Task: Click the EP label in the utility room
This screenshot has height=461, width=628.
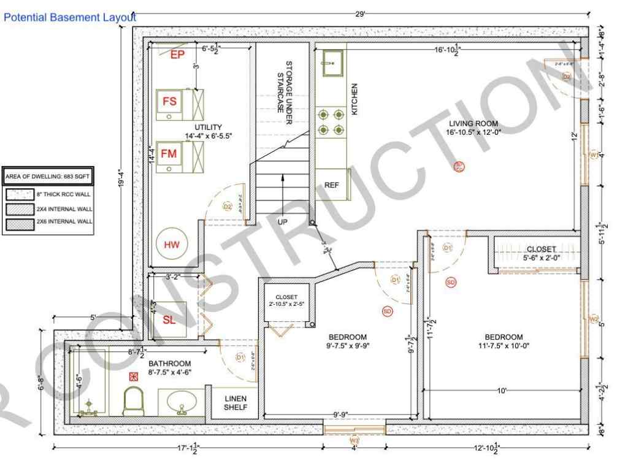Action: click(177, 55)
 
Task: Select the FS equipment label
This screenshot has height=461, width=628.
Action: click(169, 102)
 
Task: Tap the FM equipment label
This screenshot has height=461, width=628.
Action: click(169, 154)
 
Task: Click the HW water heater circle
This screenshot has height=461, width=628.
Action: click(171, 245)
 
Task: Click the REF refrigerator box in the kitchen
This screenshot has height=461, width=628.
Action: click(332, 184)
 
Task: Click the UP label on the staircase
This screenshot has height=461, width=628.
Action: click(282, 221)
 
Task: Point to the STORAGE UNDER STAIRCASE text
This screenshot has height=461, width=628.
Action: click(285, 86)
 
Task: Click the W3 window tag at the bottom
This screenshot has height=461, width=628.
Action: click(354, 440)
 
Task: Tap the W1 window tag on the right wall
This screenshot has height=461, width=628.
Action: click(593, 155)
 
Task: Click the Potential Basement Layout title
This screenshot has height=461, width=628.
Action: click(69, 18)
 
